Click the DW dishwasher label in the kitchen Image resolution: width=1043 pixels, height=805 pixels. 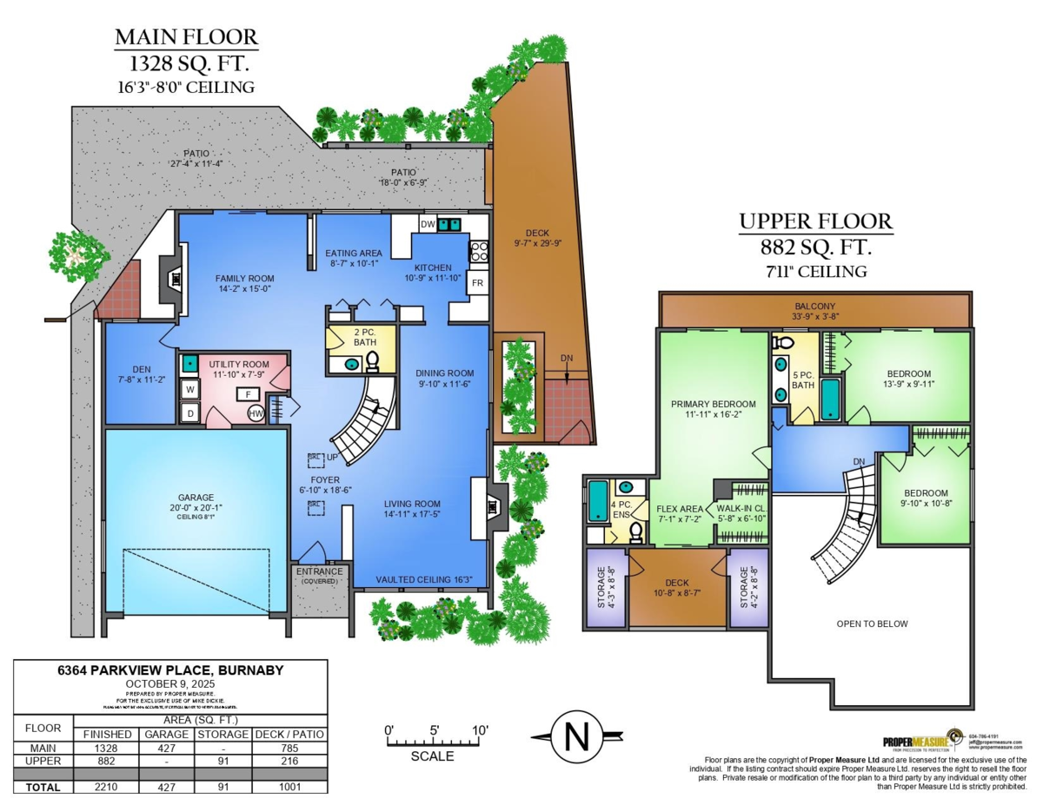[427, 224]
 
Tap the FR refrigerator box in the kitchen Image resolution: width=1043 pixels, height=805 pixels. [478, 283]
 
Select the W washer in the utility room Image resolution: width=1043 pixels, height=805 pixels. [189, 390]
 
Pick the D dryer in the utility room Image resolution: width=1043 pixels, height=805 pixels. [189, 413]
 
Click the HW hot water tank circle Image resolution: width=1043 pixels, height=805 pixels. [256, 414]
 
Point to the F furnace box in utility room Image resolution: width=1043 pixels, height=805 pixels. [248, 394]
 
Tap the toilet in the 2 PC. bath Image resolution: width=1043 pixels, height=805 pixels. [372, 361]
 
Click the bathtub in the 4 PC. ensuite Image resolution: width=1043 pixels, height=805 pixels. [597, 502]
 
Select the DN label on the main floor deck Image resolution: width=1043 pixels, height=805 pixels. [567, 358]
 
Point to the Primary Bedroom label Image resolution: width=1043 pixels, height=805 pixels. [713, 404]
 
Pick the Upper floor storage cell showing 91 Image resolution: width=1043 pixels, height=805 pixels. [223, 760]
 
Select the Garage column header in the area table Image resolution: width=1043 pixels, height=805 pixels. [167, 734]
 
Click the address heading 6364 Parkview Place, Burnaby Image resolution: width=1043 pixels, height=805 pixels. [170, 670]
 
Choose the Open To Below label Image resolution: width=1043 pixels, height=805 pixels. [872, 624]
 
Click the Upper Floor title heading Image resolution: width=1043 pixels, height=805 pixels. [815, 222]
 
